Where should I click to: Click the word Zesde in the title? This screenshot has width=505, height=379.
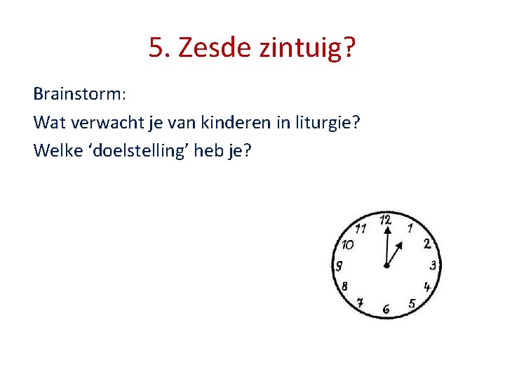pos(212,48)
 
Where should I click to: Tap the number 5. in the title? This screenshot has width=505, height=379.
pos(160,48)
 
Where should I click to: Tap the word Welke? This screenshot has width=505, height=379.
pos(55,151)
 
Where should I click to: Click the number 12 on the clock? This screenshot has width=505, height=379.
pos(385,220)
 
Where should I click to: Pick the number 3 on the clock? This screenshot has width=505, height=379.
pos(433,265)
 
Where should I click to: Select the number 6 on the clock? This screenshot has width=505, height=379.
pos(386,309)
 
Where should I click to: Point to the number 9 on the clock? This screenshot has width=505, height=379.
pos(339,266)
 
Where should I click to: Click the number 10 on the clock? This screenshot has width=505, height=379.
pos(346,245)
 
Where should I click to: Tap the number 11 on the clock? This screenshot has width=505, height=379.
pos(361,227)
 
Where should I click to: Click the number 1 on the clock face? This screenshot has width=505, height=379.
pos(410,227)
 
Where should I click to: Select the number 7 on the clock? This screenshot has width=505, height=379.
pos(360,303)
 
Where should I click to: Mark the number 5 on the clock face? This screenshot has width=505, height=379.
pos(412,304)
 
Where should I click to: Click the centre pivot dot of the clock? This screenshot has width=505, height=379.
pos(386,266)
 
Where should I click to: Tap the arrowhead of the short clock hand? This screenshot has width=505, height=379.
pos(400,245)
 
